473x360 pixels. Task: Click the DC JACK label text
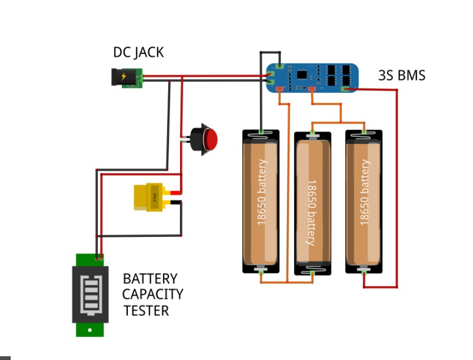[x=138, y=52]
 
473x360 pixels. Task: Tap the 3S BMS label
[x=402, y=75]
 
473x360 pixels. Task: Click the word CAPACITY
[x=153, y=294]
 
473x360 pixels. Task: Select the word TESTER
[x=146, y=311]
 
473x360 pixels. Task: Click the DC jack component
[x=127, y=78]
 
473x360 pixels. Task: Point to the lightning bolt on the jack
[x=123, y=76]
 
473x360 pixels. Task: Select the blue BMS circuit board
[x=312, y=78]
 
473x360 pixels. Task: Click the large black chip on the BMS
[x=301, y=74]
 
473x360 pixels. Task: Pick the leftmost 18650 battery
[x=261, y=202]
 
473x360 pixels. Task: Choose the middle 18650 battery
[x=313, y=203]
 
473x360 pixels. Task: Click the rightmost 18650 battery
[x=364, y=202]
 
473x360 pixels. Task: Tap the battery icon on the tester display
[x=90, y=295]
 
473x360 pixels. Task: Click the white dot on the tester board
[x=90, y=330]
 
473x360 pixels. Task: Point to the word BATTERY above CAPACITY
[x=150, y=279]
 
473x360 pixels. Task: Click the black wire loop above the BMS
[x=270, y=52]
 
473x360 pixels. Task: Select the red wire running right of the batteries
[x=397, y=187]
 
